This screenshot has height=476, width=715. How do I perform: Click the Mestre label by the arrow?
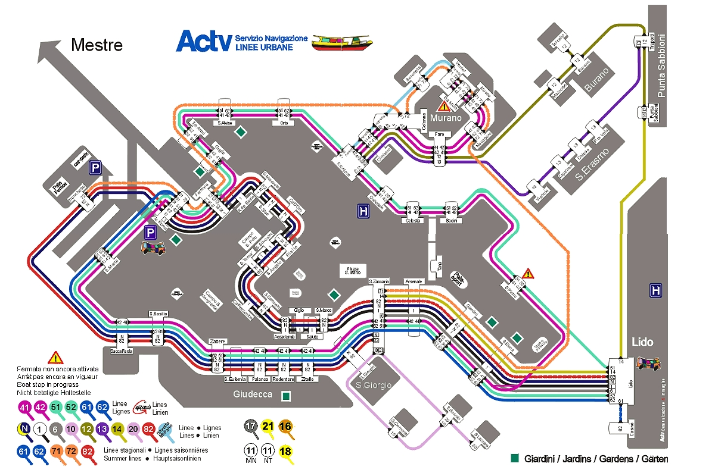point(97,45)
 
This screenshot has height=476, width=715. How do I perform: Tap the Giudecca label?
point(253,394)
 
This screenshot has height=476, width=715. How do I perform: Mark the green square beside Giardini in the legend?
point(515,458)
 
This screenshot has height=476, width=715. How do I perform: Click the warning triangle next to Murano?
point(444,107)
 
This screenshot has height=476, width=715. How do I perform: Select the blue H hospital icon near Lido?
point(656,290)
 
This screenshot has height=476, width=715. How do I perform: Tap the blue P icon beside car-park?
point(95,169)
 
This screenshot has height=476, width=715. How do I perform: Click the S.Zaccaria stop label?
point(379,281)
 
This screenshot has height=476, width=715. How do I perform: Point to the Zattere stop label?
point(217,341)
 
